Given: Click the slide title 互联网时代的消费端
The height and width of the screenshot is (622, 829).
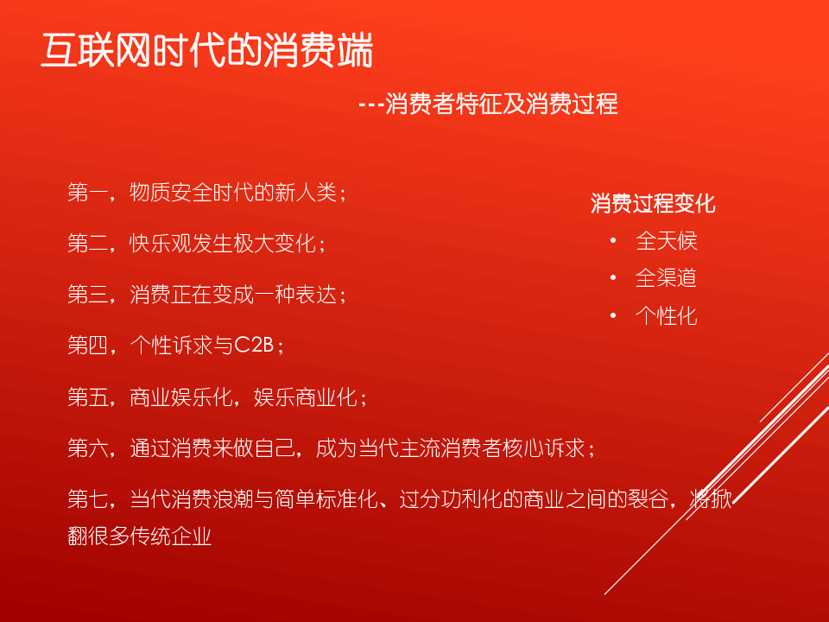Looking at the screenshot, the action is (207, 50).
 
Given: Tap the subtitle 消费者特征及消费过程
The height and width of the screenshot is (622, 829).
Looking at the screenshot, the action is (501, 104).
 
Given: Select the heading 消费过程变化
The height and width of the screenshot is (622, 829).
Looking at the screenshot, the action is (653, 204).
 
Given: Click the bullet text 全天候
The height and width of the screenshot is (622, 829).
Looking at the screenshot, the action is (666, 241).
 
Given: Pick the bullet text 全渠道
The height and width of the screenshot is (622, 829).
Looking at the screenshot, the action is (666, 278).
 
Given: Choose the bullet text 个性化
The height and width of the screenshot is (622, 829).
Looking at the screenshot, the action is (666, 316).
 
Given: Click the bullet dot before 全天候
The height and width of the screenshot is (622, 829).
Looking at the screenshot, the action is (613, 241).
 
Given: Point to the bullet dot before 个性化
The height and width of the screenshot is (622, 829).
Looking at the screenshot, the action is (613, 316).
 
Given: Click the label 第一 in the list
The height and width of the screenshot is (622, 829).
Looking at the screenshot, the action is (88, 192).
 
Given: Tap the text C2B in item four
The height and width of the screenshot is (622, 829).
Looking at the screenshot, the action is (253, 346).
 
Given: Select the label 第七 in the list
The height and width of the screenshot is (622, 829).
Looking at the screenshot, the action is (88, 498).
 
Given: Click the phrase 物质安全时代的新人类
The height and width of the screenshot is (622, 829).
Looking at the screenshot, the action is (233, 192).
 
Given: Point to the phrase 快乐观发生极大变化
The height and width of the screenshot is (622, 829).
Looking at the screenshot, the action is (223, 244).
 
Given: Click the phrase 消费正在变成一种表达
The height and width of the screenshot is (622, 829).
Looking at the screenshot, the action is (233, 295).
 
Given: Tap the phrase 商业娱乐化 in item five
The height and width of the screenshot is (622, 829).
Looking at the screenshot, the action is (180, 397).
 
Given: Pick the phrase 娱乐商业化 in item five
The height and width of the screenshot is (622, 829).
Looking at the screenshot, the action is (305, 397).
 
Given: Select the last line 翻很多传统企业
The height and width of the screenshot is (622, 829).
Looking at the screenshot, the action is (140, 536).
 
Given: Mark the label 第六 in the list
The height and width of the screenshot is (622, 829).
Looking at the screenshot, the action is (88, 448).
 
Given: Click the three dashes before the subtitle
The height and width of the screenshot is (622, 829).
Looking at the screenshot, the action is (370, 105).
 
